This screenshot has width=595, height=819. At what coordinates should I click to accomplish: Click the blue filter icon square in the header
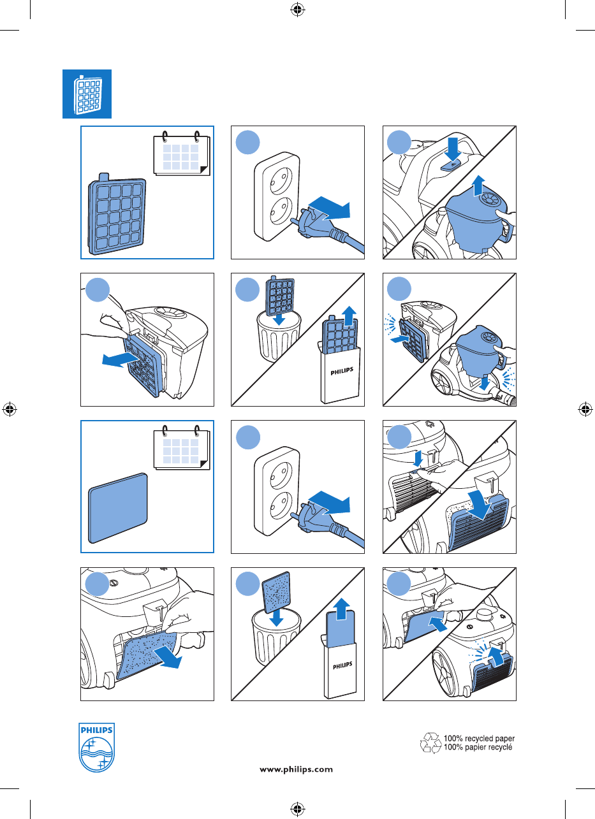pos(87,94)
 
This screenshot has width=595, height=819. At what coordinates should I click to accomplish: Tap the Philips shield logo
pos(96,748)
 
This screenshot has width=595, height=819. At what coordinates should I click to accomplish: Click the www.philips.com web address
pos(297,769)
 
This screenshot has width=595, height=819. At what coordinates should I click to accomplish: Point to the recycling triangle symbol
pos(430,743)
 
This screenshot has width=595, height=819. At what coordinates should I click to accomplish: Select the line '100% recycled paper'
pos(480,738)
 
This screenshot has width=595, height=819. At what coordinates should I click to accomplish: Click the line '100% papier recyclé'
pos(478,748)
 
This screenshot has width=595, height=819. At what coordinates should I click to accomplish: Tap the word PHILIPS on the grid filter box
pos(342,372)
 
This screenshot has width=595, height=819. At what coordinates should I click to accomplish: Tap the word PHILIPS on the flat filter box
pos(342,666)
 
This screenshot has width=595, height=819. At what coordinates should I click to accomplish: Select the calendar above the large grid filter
pos(182,154)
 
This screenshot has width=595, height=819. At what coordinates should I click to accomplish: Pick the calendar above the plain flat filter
pos(182,448)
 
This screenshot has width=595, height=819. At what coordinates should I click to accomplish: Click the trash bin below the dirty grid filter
pos(278,337)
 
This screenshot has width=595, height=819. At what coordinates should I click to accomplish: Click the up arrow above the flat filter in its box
pos(342,609)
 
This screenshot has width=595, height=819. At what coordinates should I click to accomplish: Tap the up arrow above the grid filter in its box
pos(350,316)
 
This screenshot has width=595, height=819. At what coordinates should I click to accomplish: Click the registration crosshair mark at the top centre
pos(297,10)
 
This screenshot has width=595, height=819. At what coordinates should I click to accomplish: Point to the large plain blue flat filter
pos(118,508)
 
